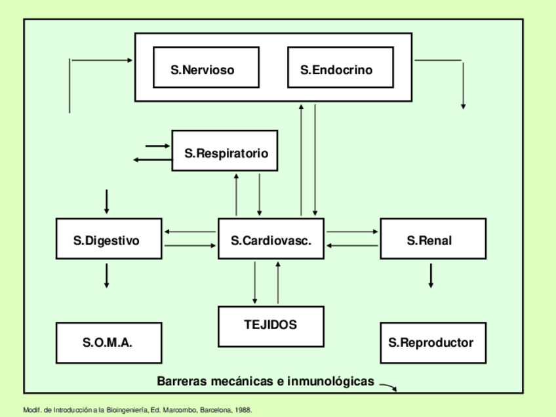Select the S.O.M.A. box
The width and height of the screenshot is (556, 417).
click(109, 343)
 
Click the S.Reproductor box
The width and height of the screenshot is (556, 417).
click(433, 343)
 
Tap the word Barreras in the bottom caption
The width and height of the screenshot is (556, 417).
click(181, 381)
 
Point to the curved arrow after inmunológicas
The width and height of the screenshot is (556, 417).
click(389, 387)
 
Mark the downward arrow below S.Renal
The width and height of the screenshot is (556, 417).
click(431, 275)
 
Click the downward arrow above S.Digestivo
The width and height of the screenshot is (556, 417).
click(106, 201)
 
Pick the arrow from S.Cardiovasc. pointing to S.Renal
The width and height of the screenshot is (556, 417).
click(352, 231)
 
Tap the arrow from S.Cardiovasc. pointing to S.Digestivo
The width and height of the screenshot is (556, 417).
click(191, 231)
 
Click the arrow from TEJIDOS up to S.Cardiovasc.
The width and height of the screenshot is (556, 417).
click(278, 283)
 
